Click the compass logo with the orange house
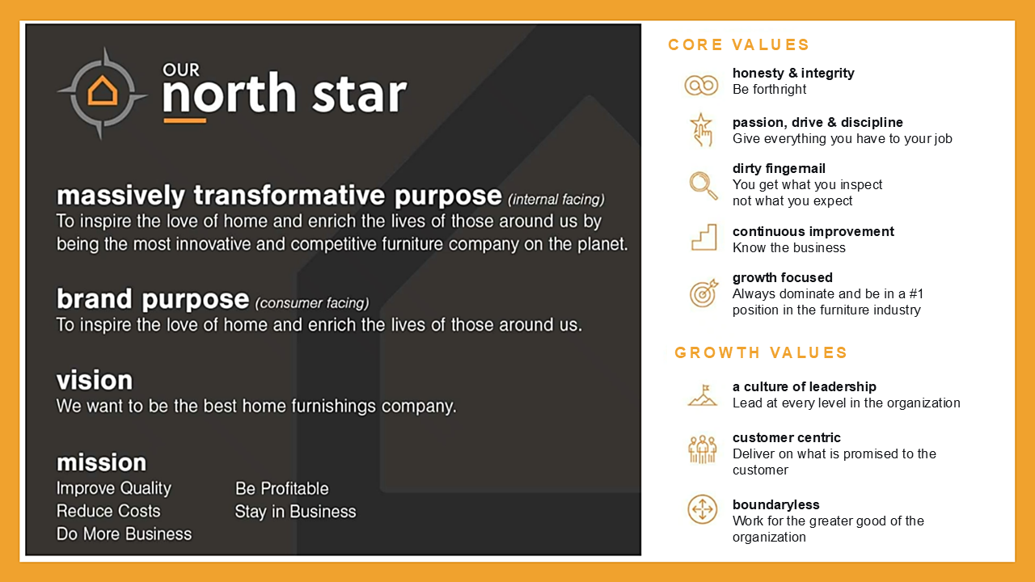pos(102,93)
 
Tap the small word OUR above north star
pos(181,70)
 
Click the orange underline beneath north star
pos(185,120)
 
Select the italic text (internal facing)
pos(556,200)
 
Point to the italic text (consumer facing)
pos(312,303)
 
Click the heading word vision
pos(95,380)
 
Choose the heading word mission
pos(102,462)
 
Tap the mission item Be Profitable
pos(282,489)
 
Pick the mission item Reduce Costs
pos(108,511)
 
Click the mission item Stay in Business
pos(296,512)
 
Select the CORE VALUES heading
pos(738,44)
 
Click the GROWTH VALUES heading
pos(761,353)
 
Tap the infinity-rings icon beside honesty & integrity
pos(701,86)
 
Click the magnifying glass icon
pos(703,185)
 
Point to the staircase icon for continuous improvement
pos(703,237)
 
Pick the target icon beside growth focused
pos(703,293)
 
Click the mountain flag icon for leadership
pos(703,395)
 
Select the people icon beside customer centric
pos(703,449)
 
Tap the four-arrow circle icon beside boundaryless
pos(703,509)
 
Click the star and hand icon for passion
pos(702,130)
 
